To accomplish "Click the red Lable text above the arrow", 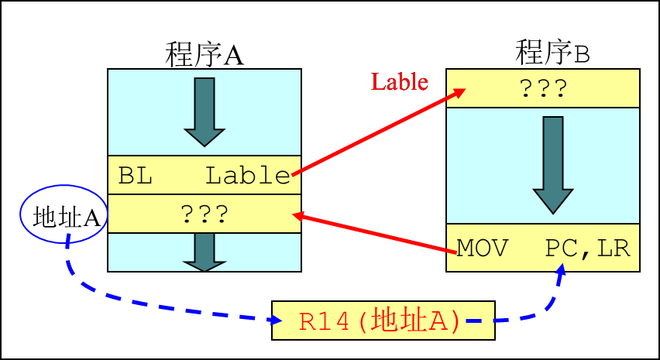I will [400, 81].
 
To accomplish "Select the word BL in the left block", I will [135, 176].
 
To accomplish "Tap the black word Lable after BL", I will [247, 176].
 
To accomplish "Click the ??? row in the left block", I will [204, 214].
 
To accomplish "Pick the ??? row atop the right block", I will [542, 88].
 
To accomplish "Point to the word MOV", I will [482, 249].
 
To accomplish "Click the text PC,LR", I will [587, 249].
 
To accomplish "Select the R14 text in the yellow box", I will [324, 321].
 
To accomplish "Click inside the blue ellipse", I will [64, 214].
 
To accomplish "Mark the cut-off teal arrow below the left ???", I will [204, 252].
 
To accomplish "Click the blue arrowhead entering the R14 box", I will [274, 318].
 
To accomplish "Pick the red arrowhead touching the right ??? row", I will [459, 92].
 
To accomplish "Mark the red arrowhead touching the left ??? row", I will [298, 215].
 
